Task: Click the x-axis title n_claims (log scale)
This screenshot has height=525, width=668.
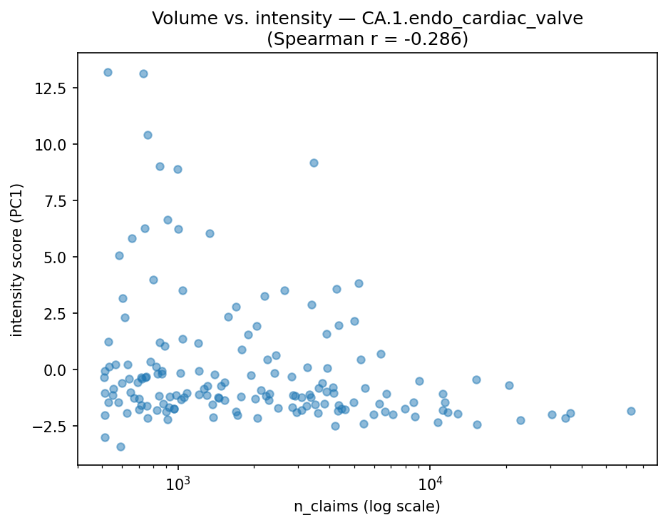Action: [367, 507]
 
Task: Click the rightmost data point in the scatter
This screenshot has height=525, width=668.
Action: [631, 411]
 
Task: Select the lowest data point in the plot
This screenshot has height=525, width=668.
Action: [120, 447]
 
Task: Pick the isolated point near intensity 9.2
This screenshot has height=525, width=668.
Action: [314, 163]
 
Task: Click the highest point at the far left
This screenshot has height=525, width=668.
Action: [108, 72]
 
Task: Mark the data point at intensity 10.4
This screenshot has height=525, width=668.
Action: [148, 135]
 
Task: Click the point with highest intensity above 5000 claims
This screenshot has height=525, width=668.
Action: [359, 283]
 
